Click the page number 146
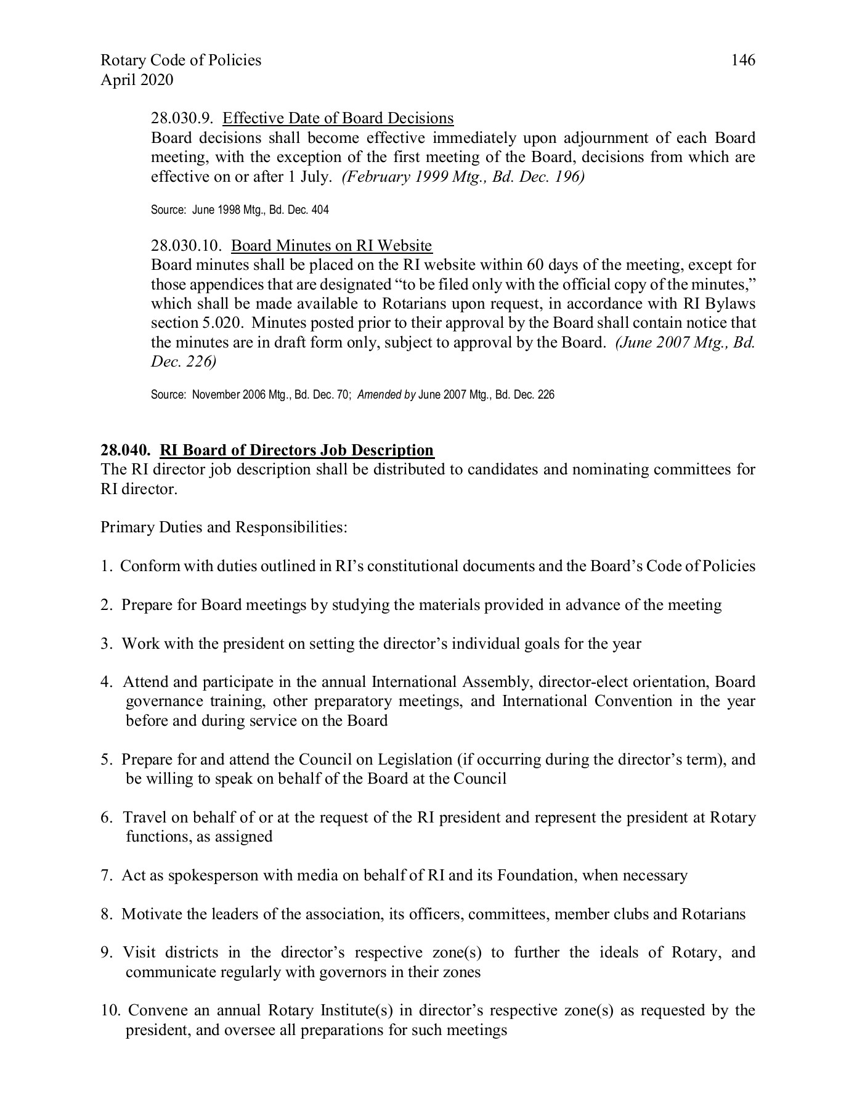pyautogui.click(x=743, y=60)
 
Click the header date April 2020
pyautogui.click(x=137, y=79)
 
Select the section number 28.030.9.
pyautogui.click(x=182, y=118)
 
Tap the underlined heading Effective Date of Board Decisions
pyautogui.click(x=338, y=118)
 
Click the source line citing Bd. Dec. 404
pyautogui.click(x=240, y=210)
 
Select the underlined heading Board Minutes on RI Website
pyautogui.click(x=331, y=246)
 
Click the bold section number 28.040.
pyautogui.click(x=126, y=450)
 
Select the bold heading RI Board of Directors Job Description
pyautogui.click(x=297, y=450)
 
